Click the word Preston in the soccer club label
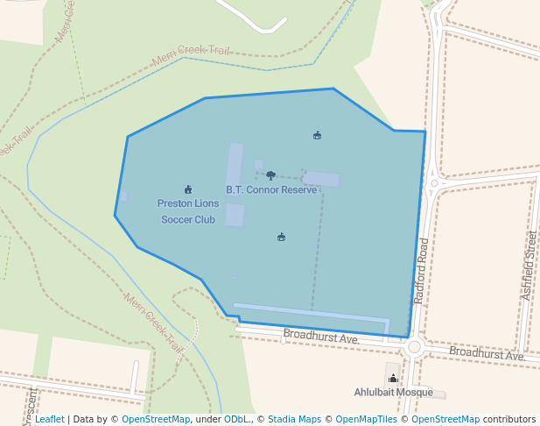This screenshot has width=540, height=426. pyautogui.click(x=175, y=203)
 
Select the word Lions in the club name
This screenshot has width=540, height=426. pyautogui.click(x=207, y=203)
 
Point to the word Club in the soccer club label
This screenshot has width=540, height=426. pyautogui.click(x=205, y=219)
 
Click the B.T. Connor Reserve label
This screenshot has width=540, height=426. pyautogui.click(x=271, y=189)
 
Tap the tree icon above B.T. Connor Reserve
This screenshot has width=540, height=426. pyautogui.click(x=270, y=175)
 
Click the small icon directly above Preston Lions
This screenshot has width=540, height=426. pyautogui.click(x=188, y=189)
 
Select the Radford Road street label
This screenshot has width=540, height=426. pyautogui.click(x=422, y=270)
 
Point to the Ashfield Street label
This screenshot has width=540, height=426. pyautogui.click(x=528, y=266)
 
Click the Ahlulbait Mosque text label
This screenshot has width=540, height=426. pyautogui.click(x=393, y=392)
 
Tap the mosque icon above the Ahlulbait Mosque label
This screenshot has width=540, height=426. pyautogui.click(x=392, y=379)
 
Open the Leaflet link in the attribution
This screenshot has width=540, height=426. pyautogui.click(x=49, y=420)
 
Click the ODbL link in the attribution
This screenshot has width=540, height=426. pyautogui.click(x=236, y=420)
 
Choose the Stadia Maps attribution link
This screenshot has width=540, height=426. pyautogui.click(x=294, y=420)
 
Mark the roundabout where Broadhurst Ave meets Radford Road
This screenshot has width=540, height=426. pyautogui.click(x=414, y=347)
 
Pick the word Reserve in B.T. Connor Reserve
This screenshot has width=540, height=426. pyautogui.click(x=298, y=189)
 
